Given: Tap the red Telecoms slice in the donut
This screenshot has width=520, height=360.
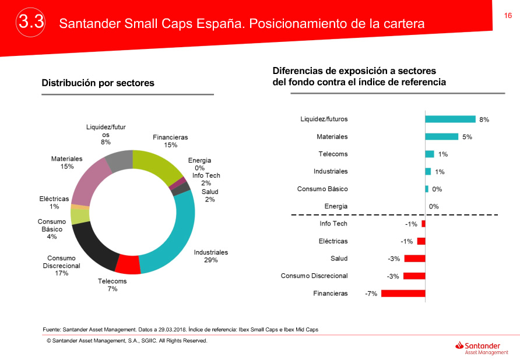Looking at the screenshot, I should (x=128, y=264).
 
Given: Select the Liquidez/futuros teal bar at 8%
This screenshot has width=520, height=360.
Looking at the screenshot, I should (x=450, y=119).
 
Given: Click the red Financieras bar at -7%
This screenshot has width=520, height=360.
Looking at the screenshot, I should (x=403, y=294).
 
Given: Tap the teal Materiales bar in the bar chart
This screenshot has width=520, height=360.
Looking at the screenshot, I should (x=441, y=136).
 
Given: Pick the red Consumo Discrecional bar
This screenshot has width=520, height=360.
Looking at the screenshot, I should (x=414, y=276).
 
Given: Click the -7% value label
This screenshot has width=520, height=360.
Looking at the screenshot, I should (x=371, y=294).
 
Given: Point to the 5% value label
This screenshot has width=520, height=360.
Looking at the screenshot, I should (x=467, y=137).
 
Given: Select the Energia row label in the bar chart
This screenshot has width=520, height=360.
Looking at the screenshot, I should (x=336, y=206).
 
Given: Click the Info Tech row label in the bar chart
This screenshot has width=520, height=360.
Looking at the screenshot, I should (x=333, y=224).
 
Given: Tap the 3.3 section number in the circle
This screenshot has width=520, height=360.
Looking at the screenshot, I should (x=31, y=23).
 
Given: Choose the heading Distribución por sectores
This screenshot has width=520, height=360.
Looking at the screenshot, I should (x=98, y=83).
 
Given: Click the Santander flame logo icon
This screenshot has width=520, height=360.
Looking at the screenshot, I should (x=459, y=346).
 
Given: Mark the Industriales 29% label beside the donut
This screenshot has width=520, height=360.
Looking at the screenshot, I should (x=210, y=256).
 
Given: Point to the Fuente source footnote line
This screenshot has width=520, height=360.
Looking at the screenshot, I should (x=181, y=330).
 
